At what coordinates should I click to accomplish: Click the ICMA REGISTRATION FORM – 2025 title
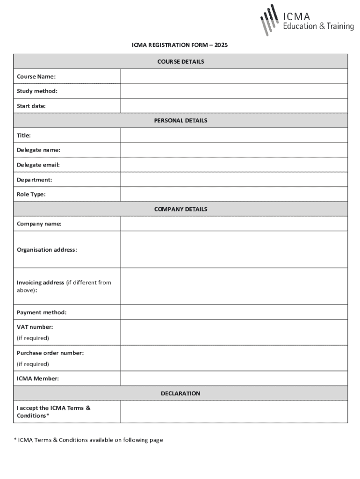click(180, 45)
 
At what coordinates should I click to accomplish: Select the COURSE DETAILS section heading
click(180, 61)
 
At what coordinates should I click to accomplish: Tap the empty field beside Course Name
click(234, 76)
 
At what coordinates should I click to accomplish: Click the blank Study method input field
click(234, 91)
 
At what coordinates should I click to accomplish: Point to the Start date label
click(31, 106)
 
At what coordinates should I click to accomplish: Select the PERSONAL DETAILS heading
click(180, 121)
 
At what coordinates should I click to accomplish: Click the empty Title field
click(234, 136)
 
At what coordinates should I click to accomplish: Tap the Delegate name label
click(38, 150)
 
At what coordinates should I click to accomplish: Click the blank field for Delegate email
click(234, 165)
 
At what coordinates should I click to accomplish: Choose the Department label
click(35, 180)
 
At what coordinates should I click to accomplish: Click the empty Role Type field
click(234, 194)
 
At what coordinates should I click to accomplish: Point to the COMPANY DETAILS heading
click(180, 209)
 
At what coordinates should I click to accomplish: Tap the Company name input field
click(234, 224)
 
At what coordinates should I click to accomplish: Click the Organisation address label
click(47, 250)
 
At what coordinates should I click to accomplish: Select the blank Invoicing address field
click(234, 286)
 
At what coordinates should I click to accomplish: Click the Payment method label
click(42, 312)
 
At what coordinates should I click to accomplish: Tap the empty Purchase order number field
click(234, 358)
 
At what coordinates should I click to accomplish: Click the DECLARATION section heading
click(180, 393)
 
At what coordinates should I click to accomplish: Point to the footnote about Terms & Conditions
click(88, 440)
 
